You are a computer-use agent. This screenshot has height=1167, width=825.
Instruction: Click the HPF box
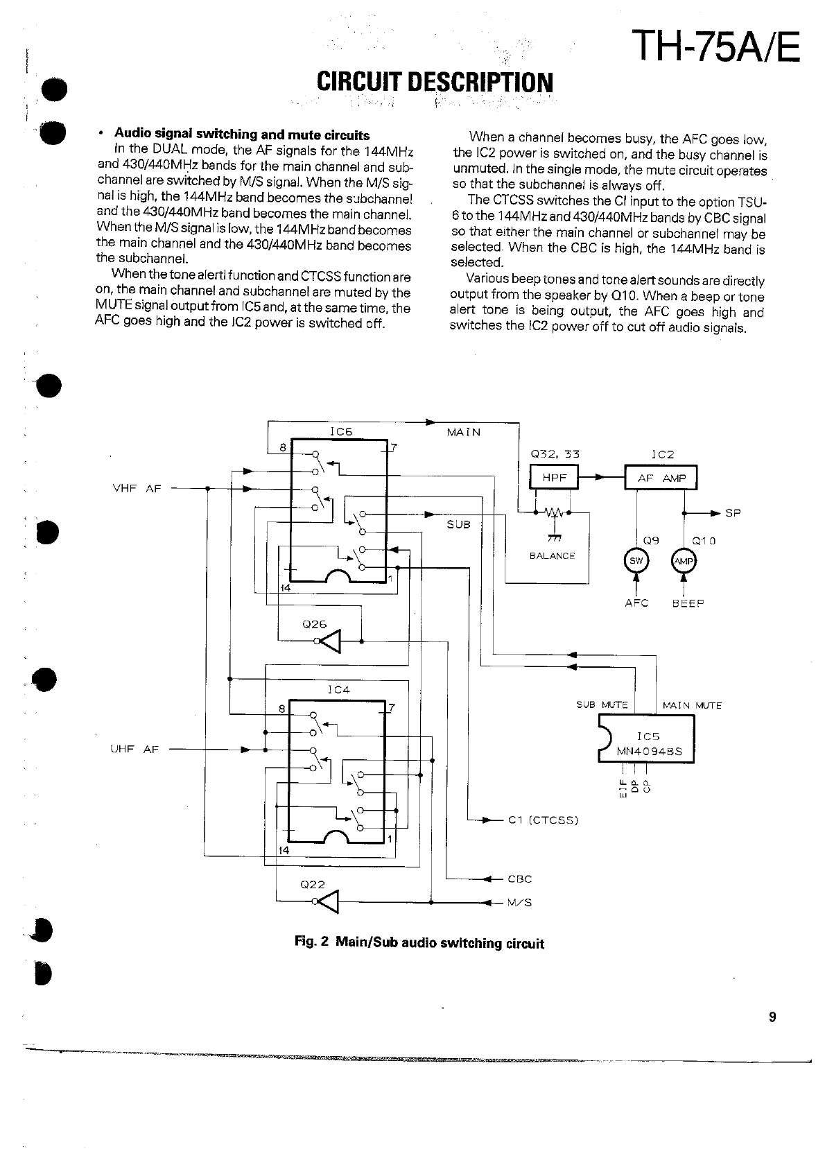(554, 477)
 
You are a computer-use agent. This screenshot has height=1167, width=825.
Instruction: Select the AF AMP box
(661, 478)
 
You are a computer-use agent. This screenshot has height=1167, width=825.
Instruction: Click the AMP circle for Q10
(684, 561)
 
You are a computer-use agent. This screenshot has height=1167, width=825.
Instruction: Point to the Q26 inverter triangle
(331, 641)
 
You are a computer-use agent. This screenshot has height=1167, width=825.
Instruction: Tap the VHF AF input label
(137, 488)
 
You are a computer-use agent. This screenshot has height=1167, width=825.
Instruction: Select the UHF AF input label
(134, 749)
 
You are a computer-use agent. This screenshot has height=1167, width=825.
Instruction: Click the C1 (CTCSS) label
(543, 820)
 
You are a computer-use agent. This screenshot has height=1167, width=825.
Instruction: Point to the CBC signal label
(519, 879)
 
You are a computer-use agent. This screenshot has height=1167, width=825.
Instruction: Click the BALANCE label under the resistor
(552, 555)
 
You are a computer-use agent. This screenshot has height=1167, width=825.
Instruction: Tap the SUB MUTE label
(602, 705)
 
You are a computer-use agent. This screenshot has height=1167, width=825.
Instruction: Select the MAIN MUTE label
(692, 705)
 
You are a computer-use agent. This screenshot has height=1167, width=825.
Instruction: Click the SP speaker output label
(733, 513)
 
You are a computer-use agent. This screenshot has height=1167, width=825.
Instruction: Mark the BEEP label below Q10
(688, 603)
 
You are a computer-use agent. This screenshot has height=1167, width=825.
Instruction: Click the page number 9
(772, 1017)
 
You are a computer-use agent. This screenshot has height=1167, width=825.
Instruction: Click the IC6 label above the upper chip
(341, 431)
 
